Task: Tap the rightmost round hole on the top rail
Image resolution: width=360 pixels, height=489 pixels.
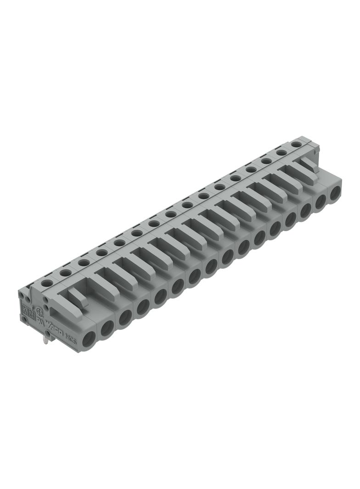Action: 297,144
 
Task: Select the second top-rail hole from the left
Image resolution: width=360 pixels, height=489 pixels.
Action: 65,273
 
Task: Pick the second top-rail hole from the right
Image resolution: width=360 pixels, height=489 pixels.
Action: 281,152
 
